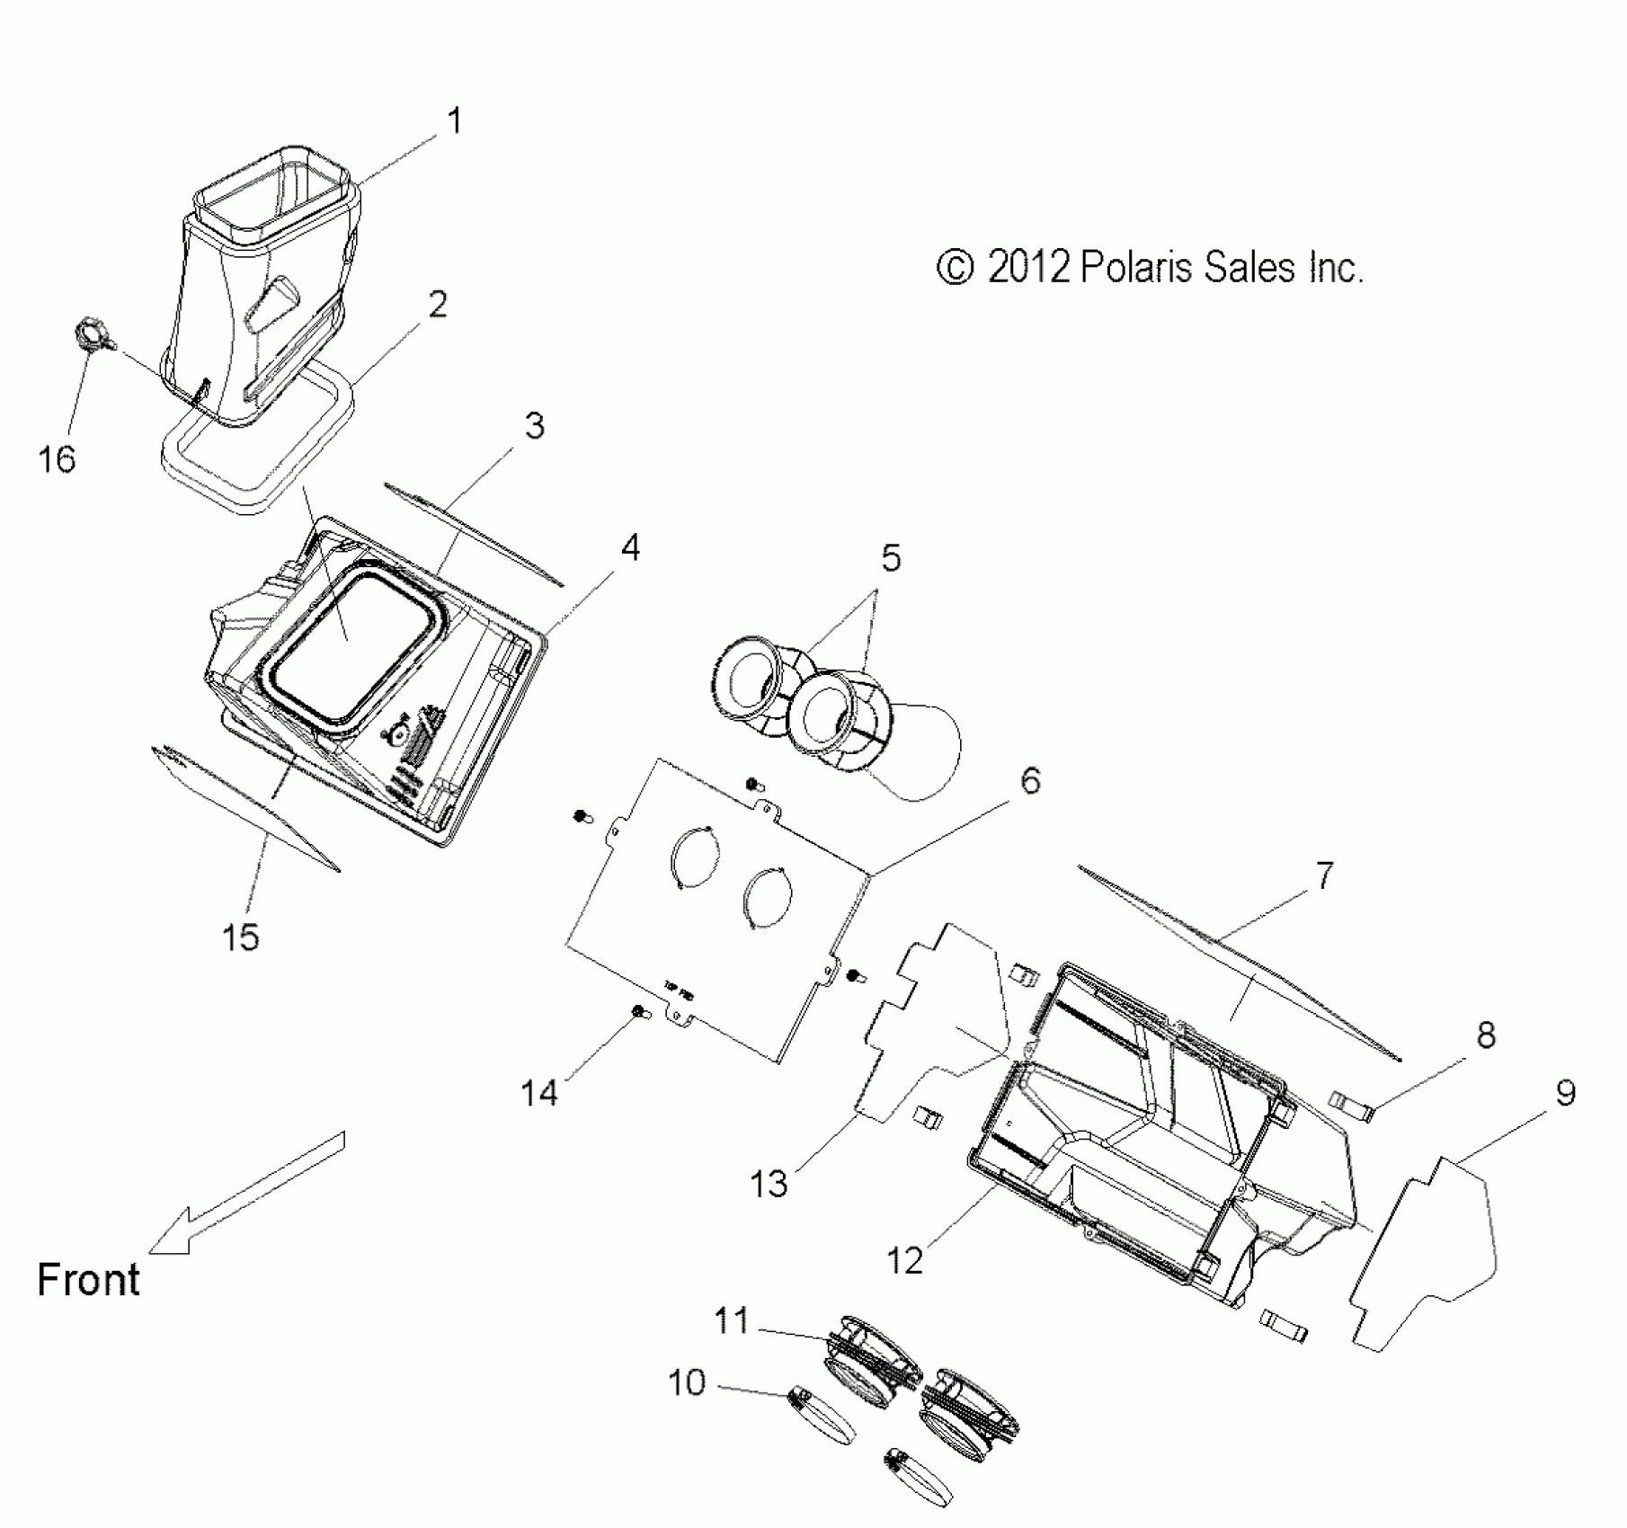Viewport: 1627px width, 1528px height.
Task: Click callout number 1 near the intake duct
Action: pyautogui.click(x=455, y=121)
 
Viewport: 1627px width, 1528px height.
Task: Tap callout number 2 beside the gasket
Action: pyautogui.click(x=438, y=305)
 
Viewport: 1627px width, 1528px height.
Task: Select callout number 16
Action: pyautogui.click(x=57, y=459)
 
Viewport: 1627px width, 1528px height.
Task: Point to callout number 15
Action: pyautogui.click(x=240, y=937)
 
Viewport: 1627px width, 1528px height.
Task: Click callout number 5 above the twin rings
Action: pyautogui.click(x=890, y=559)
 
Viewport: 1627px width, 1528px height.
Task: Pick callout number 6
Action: pyautogui.click(x=1030, y=780)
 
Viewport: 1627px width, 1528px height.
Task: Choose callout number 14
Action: pyautogui.click(x=539, y=1093)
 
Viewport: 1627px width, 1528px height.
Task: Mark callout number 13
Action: pyautogui.click(x=769, y=1184)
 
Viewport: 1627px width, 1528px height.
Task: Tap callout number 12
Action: pyautogui.click(x=904, y=1261)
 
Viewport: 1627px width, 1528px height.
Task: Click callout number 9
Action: pyautogui.click(x=1565, y=1093)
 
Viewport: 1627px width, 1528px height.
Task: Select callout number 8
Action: pyautogui.click(x=1486, y=1035)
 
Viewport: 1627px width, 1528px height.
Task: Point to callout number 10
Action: pyautogui.click(x=687, y=1382)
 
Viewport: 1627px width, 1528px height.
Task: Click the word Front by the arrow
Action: pyautogui.click(x=88, y=1279)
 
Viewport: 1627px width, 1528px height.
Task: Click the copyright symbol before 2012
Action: pyautogui.click(x=955, y=267)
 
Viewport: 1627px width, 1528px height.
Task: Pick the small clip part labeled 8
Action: pyautogui.click(x=1353, y=1105)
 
